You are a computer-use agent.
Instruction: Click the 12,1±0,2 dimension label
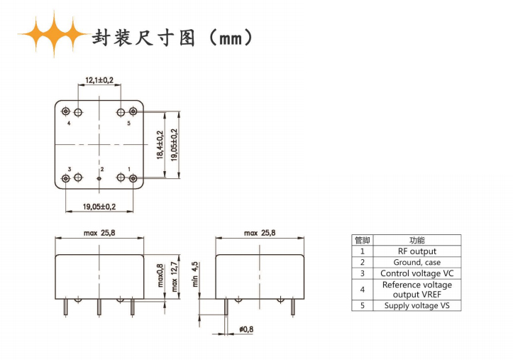[99, 80]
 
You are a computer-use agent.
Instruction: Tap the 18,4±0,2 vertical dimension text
[160, 145]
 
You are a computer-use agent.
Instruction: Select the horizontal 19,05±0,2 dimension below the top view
[99, 207]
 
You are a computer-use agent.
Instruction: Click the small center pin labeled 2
[99, 178]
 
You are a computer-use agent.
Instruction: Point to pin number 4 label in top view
[69, 124]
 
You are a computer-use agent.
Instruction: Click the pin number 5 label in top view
[129, 123]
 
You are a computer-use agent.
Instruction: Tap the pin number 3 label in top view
[70, 169]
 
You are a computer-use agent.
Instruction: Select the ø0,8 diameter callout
[246, 329]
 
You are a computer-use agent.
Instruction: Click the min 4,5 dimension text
[195, 274]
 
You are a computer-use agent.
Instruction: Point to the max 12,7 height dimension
[175, 276]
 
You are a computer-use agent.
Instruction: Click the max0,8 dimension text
[160, 276]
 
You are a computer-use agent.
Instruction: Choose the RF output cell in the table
[417, 251]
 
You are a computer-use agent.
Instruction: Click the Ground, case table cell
[417, 263]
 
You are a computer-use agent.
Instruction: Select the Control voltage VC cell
[417, 273]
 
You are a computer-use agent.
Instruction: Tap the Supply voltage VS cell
[417, 305]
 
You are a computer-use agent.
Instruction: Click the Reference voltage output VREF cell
[417, 290]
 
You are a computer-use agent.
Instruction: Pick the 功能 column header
[417, 241]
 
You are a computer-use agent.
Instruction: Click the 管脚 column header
[362, 241]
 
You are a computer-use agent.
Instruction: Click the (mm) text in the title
[231, 38]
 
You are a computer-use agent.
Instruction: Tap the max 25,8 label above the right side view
[260, 233]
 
